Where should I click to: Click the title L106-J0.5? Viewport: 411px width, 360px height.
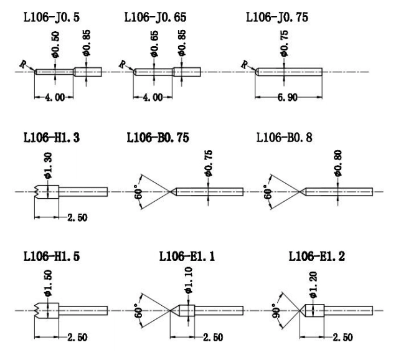tap(51, 17)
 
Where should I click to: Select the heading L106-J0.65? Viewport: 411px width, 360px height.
tap(155, 17)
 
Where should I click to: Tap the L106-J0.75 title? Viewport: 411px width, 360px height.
tap(277, 17)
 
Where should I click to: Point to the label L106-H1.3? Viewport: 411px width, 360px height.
tap(51, 138)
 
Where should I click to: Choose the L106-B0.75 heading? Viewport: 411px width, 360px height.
tap(158, 138)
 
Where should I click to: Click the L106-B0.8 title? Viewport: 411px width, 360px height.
tap(285, 138)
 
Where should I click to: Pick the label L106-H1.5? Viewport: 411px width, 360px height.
tap(51, 256)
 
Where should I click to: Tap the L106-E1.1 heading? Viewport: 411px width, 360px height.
tap(187, 256)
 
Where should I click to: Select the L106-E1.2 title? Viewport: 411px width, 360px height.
tap(316, 256)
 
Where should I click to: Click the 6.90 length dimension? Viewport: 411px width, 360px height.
tap(288, 98)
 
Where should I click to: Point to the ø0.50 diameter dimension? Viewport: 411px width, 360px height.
tap(55, 45)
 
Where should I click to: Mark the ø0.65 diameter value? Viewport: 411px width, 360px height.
tap(154, 44)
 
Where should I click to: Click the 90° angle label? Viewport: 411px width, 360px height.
tap(276, 311)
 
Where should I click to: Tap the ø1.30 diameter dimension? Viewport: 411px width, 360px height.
tap(48, 166)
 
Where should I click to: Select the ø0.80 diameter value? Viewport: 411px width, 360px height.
tap(338, 163)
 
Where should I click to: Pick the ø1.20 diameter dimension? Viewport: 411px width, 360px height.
tap(313, 285)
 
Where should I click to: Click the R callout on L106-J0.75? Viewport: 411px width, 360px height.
tap(245, 64)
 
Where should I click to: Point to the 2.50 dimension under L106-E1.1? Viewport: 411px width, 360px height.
tap(213, 338)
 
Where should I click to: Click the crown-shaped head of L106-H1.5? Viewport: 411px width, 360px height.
tap(47, 311)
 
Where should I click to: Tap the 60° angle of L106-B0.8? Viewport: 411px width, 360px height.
tap(268, 192)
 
